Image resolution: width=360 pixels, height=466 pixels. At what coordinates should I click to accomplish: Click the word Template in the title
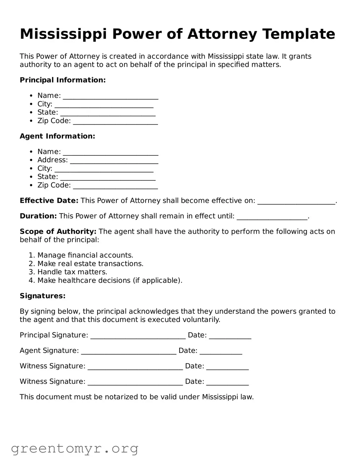point(299,34)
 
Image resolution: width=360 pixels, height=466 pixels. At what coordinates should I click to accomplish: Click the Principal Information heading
point(63,80)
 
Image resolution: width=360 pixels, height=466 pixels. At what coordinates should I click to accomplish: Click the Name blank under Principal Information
point(110,97)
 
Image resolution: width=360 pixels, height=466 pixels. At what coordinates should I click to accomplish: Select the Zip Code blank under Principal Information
point(115,122)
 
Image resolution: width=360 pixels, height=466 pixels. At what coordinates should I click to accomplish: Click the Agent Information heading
point(57,136)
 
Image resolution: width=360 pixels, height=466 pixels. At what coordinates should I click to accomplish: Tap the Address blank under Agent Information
point(114,161)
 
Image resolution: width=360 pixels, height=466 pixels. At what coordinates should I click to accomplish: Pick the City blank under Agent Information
point(104,170)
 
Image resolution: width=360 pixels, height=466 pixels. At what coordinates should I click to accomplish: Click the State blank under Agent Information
point(108,178)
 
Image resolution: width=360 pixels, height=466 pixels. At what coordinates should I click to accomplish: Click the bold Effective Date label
point(49,201)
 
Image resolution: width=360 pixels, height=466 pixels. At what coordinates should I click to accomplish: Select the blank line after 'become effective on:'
point(296,202)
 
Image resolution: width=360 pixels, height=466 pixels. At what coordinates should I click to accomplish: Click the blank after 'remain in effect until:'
point(272,217)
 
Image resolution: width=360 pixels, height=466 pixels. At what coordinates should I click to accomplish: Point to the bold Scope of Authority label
point(58,232)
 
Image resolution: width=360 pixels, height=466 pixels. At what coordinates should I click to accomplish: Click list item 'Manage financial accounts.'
point(85,255)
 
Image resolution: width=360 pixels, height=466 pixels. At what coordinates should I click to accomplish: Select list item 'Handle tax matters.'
point(72,272)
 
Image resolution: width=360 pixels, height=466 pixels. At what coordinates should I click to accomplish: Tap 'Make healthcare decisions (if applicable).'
point(110,281)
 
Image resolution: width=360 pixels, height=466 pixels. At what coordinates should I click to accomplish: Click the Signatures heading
point(43,296)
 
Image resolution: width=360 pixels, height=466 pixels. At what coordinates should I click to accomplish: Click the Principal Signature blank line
point(138,336)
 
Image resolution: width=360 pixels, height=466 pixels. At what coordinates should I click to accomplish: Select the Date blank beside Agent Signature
point(221,352)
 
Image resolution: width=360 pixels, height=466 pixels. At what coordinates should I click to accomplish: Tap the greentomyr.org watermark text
point(75,449)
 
